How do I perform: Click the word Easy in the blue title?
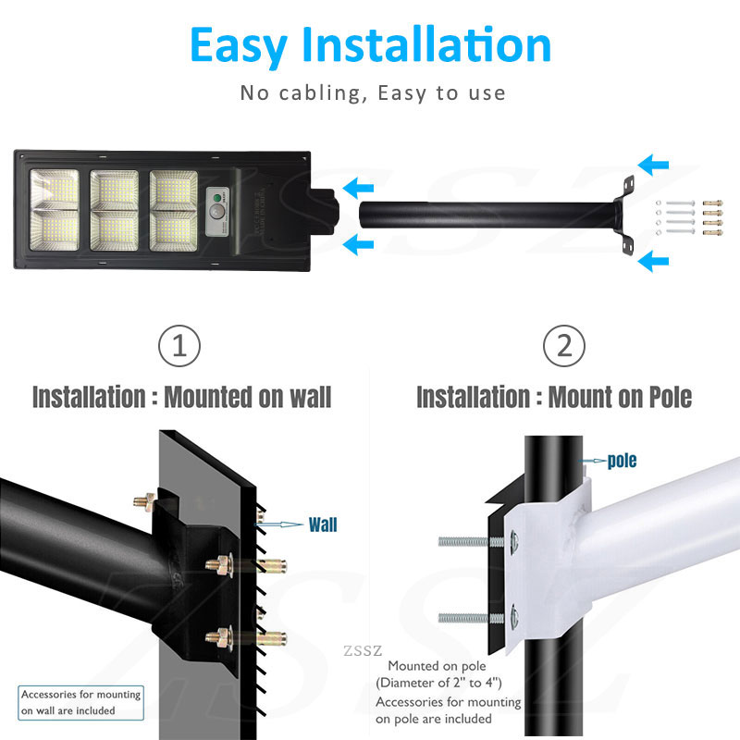pos(239,45)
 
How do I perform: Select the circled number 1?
pos(179,345)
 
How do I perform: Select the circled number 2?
pos(564,345)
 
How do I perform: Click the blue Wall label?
pos(323,524)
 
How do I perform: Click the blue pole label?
pos(622,461)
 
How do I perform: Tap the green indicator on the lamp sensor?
pos(217,198)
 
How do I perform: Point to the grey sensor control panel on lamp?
pos(217,212)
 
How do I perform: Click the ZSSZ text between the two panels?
pos(363,651)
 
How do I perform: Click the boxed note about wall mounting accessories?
pos(80,702)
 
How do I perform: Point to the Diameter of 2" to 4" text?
pos(438,683)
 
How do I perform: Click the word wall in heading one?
pos(310,397)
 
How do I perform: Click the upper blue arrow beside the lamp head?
pos(358,189)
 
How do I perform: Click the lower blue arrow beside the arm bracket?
pos(653,261)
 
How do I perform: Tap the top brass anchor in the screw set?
pos(712,203)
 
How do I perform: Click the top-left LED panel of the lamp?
pos(55,190)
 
